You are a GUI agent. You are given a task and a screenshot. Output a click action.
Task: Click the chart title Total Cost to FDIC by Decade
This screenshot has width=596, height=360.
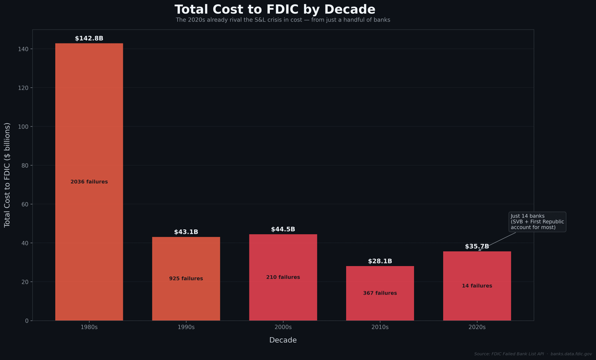pos(275,10)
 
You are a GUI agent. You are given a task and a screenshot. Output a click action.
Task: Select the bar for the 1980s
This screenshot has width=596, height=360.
pos(89,138)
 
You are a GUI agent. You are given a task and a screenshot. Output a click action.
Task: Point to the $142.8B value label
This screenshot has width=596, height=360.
pos(89,39)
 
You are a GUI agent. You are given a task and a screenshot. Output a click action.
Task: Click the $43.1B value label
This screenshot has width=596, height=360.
pos(186,232)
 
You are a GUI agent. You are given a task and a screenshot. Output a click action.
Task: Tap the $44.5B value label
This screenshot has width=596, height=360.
pos(283,230)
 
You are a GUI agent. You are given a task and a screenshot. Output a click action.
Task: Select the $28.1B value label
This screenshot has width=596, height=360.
pos(380,262)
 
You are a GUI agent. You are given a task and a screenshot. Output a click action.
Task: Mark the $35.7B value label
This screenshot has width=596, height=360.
pos(477,247)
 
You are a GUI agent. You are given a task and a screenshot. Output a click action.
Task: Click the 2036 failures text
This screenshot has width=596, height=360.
pos(89,182)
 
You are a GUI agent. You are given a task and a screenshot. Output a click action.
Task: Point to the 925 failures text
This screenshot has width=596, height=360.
pos(186,279)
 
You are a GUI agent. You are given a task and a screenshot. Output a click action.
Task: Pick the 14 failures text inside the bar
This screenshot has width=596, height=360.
pos(477,286)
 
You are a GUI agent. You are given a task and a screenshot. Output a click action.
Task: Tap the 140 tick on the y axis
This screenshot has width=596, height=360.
pos(23,49)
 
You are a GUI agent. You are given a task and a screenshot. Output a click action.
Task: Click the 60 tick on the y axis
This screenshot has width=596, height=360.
pos(24,204)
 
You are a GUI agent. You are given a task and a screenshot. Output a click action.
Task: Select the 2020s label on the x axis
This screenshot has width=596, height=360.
pos(477,327)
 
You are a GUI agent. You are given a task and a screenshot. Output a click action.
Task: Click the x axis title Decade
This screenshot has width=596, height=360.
pos(283,340)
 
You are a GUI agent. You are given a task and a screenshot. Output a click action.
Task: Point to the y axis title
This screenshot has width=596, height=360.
pos(8,175)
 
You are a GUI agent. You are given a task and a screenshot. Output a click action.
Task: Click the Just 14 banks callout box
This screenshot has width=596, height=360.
pos(537,221)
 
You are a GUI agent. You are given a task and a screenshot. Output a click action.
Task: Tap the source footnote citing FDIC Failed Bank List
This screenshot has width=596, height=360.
pos(533,354)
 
